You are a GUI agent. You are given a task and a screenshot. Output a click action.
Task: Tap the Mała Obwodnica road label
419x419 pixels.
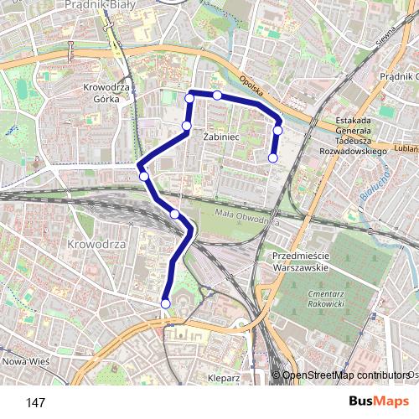[246, 217]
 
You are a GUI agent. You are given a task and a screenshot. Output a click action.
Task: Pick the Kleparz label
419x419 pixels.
[224, 378]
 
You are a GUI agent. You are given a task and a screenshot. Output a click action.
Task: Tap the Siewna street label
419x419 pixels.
[385, 38]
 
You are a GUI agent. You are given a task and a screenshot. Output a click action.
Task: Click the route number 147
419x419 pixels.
[35, 403]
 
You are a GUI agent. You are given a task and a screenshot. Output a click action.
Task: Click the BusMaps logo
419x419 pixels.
[380, 402]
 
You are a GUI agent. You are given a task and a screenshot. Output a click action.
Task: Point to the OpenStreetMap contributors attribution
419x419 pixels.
[344, 375]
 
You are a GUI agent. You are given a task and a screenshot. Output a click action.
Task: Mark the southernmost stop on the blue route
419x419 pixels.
[165, 303]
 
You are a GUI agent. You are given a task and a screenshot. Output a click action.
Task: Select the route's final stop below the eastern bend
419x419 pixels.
[272, 158]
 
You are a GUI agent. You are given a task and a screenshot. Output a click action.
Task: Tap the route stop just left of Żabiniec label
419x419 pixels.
[187, 127]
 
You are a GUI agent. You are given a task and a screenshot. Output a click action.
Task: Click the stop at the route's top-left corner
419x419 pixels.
[189, 99]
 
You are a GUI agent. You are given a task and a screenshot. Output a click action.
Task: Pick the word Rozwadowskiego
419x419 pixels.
[353, 152]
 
